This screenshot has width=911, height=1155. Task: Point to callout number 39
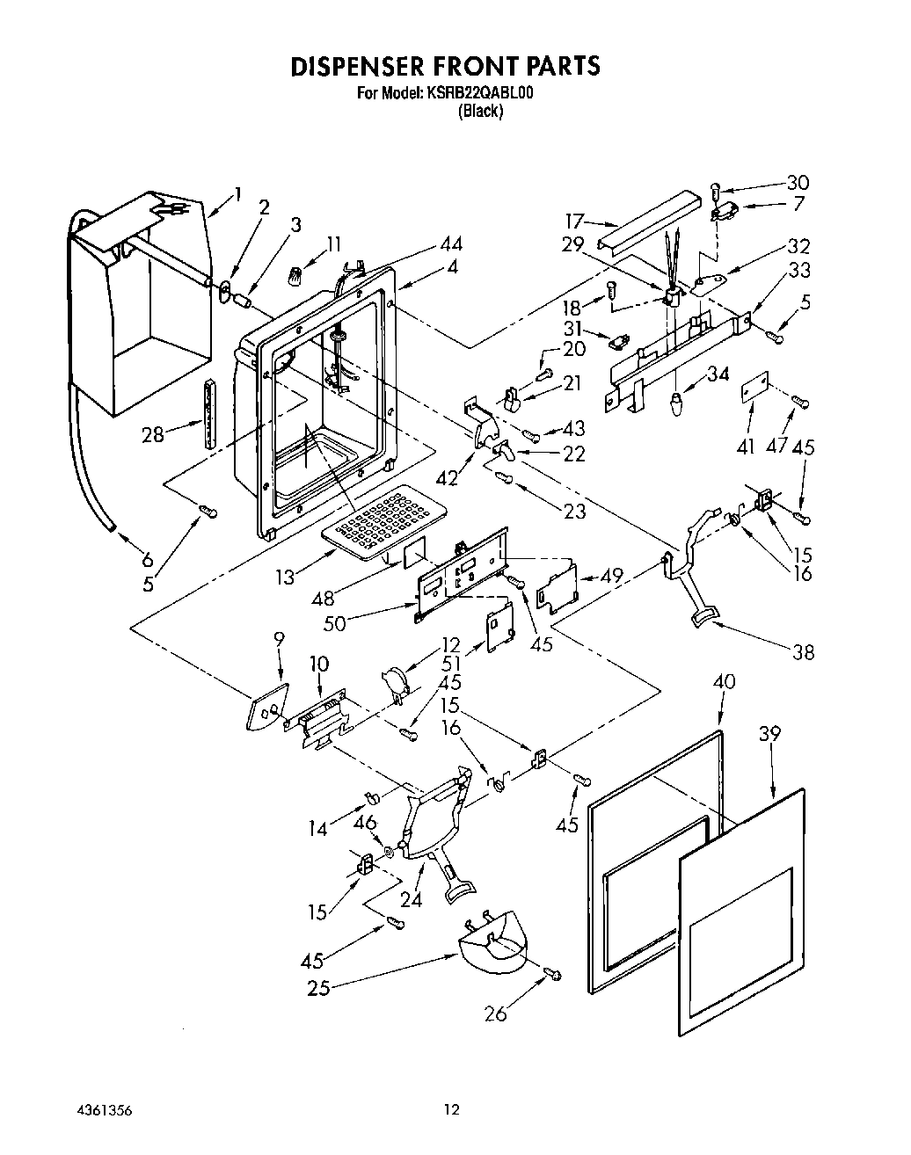click(x=769, y=734)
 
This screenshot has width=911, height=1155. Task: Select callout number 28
click(x=153, y=433)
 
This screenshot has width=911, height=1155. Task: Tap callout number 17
click(x=574, y=221)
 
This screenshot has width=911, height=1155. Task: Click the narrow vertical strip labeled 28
click(x=209, y=414)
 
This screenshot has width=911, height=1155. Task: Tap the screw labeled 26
click(x=552, y=973)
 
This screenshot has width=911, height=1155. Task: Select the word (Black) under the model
click(x=480, y=111)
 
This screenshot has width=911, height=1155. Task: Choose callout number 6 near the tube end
click(x=146, y=558)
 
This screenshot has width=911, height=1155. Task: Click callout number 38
click(x=803, y=651)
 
